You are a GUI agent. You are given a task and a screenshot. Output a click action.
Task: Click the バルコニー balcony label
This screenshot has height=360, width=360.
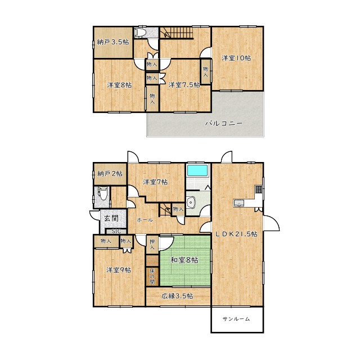(224, 124)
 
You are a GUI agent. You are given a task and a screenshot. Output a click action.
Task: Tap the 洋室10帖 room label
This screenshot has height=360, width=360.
(236, 58)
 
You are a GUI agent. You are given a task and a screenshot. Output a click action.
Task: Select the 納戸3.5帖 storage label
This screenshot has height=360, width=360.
(113, 42)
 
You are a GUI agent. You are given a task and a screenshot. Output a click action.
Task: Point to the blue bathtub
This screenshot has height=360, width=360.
(197, 170)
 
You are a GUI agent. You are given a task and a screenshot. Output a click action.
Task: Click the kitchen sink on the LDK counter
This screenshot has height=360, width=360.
(239, 203)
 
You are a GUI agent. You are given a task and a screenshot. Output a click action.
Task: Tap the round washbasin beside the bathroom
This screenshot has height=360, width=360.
(191, 202)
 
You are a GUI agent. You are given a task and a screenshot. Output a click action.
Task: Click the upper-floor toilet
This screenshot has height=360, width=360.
(139, 33)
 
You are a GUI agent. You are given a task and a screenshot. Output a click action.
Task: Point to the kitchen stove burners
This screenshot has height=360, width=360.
(259, 189)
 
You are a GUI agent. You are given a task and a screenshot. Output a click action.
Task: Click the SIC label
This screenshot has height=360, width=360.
(116, 231)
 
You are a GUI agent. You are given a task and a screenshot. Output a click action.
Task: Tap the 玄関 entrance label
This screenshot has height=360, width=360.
(111, 218)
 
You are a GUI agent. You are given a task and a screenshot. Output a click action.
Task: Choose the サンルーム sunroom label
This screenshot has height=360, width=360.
(236, 319)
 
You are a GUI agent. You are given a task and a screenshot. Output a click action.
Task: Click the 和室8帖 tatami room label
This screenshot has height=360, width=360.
(184, 260)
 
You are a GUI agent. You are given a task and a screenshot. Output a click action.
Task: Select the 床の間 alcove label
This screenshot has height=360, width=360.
(152, 276)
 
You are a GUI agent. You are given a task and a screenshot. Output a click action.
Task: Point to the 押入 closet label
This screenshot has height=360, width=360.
(152, 245)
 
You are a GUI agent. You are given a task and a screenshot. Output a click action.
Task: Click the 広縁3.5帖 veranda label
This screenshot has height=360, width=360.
(177, 296)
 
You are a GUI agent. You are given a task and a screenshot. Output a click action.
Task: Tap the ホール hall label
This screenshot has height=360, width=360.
(145, 220)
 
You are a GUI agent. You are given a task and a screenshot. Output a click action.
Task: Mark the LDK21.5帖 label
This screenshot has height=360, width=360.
(236, 234)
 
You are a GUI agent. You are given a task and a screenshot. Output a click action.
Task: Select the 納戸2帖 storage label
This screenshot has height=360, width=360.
(110, 174)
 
